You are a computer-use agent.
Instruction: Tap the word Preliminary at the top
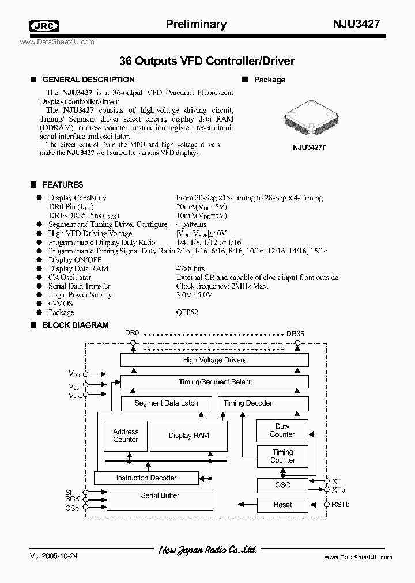point(196,24)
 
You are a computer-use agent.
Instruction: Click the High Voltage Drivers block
point(214,360)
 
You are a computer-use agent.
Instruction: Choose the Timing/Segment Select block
point(214,382)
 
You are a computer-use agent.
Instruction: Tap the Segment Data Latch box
point(166,403)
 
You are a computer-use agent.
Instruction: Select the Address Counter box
point(126,436)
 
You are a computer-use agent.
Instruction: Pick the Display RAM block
point(188,436)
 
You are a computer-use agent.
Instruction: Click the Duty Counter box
point(282,431)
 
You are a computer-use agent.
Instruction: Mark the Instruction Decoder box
point(146,478)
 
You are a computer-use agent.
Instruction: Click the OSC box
point(282,485)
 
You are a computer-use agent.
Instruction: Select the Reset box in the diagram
point(282,505)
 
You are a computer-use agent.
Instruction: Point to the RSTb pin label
point(341,505)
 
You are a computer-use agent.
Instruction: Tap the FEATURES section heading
point(63,185)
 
